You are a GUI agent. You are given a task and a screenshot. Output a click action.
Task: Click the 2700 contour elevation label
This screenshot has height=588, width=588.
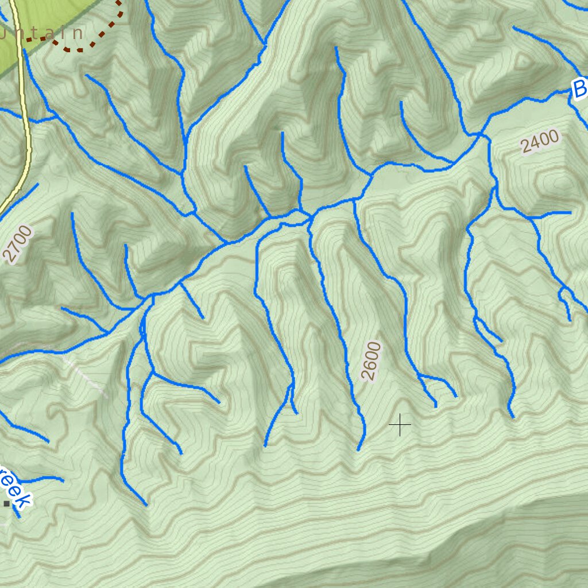pyautogui.click(x=18, y=245)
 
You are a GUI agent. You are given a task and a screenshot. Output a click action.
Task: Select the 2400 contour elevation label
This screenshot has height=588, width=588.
pyautogui.click(x=540, y=141)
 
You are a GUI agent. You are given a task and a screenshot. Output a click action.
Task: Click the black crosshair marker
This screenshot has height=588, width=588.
pyautogui.click(x=400, y=425)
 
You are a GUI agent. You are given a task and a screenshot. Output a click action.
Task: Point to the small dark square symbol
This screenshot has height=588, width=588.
pyautogui.click(x=7, y=504)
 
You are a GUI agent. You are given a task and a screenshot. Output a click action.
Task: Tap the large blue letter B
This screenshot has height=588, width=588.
pyautogui.click(x=579, y=89)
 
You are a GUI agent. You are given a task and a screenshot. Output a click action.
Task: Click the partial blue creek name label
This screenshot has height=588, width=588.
pyautogui.click(x=14, y=488)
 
